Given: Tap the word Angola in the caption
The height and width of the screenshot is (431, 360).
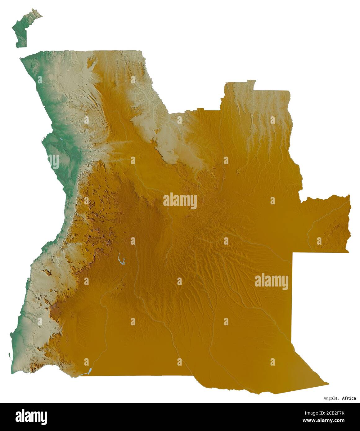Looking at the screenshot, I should pyautogui.click(x=330, y=398).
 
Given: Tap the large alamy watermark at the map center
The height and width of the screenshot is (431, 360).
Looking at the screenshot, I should pyautogui.click(x=180, y=201).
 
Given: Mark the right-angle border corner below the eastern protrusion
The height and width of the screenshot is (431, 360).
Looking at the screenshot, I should pyautogui.click(x=293, y=253).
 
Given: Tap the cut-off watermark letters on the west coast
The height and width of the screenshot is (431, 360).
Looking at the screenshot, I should pyautogui.click(x=54, y=161).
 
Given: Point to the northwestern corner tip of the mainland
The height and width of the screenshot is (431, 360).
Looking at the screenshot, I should pyautogui.click(x=20, y=58).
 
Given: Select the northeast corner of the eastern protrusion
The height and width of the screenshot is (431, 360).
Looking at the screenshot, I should pyautogui.click(x=349, y=195).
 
